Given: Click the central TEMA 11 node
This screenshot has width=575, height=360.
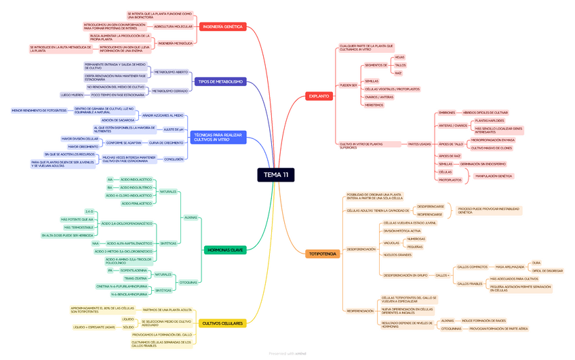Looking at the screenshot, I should [276, 175].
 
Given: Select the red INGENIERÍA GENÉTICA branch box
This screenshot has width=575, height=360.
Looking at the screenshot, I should [222, 26].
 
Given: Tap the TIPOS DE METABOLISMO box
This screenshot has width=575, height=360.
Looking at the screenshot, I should [219, 81].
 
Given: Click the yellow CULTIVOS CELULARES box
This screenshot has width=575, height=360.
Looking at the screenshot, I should [222, 323].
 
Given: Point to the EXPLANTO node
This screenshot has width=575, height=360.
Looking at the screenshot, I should [319, 96].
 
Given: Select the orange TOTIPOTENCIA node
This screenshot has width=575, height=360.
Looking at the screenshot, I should [322, 254].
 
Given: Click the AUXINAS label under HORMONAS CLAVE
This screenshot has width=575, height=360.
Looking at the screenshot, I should [191, 218].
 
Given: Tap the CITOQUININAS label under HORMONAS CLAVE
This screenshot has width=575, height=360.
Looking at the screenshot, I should [189, 282].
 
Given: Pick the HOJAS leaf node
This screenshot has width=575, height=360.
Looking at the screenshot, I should [399, 57].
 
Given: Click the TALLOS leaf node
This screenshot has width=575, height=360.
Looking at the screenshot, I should [400, 65].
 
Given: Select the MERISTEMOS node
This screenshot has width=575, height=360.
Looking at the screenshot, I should [374, 105].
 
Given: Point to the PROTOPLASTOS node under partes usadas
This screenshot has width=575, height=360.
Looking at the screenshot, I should [450, 180].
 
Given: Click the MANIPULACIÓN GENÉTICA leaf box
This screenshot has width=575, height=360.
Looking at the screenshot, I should [494, 176].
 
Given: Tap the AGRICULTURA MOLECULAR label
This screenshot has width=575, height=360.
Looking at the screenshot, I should [173, 26].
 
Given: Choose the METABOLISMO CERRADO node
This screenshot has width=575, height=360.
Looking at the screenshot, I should [170, 91].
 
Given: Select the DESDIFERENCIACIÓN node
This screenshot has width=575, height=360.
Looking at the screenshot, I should [361, 249].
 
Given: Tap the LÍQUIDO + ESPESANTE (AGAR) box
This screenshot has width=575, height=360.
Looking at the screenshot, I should [94, 327].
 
